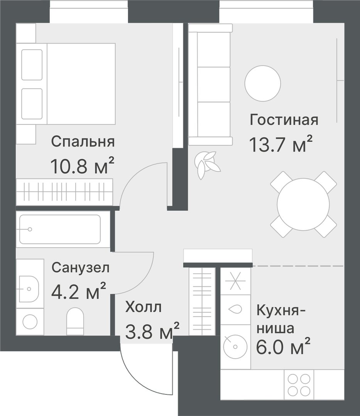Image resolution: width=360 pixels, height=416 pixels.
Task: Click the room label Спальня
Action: tap(83, 141)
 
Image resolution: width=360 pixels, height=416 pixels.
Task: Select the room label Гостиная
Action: tap(284, 120)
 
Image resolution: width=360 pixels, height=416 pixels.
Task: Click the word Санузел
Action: tap(81, 267)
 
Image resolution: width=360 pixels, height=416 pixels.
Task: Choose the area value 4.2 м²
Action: tap(79, 291)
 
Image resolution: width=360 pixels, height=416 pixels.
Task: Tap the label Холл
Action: tap(144, 307)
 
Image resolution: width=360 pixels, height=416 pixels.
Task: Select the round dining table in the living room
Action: tap(303, 204)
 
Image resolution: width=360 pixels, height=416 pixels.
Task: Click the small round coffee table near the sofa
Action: tap(263, 83)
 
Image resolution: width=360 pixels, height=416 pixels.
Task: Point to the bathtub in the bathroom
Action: tap(60, 229)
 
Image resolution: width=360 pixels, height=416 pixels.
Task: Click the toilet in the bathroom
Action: tap(75, 321)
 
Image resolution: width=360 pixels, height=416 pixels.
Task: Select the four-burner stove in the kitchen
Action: tap(299, 384)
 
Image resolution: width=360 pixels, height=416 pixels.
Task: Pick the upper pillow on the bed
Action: tap(32, 65)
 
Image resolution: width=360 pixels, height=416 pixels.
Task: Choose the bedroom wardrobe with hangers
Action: tap(64, 191)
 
